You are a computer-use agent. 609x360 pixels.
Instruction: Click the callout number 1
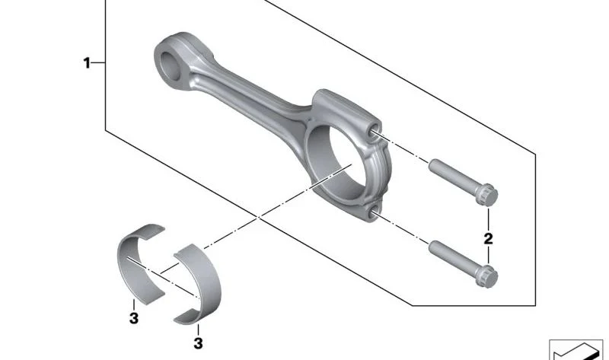click(87, 62)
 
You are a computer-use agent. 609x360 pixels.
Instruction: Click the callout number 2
click(488, 238)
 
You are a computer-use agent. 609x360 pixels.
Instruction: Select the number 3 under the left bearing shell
click(134, 318)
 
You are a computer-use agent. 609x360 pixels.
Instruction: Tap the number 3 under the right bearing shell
click(198, 343)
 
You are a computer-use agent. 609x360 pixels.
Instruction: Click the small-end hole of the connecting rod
click(171, 65)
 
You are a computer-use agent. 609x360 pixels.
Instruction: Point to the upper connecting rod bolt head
click(486, 195)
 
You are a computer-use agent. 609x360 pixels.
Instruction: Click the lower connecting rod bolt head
click(486, 276)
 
